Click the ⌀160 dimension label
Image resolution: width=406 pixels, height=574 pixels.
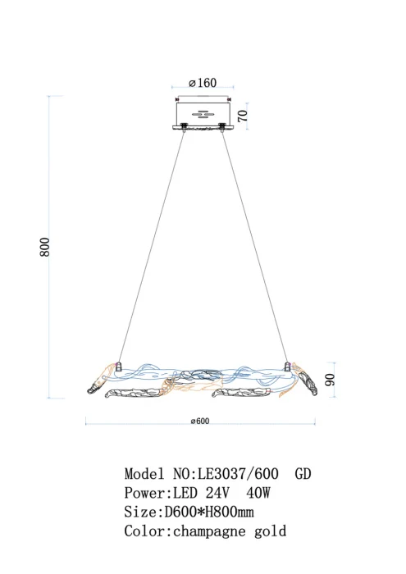click(202, 83)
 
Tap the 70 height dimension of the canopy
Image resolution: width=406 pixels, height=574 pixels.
click(243, 115)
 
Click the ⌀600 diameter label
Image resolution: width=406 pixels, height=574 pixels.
click(200, 421)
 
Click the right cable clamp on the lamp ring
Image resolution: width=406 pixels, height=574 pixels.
click(286, 364)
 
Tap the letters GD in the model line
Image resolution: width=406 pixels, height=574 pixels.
click(302, 474)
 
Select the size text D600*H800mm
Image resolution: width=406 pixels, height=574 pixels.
click(211, 512)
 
